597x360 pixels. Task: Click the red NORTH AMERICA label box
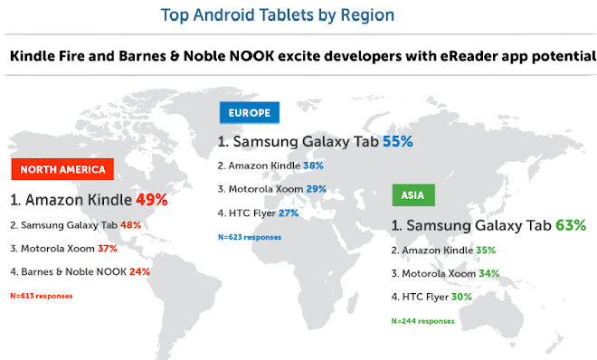[62, 169]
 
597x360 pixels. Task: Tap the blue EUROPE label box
[250, 113]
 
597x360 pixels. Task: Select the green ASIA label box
[413, 195]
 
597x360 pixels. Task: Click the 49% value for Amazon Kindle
[152, 200]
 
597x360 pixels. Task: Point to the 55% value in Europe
[397, 142]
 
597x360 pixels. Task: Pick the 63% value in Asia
[571, 225]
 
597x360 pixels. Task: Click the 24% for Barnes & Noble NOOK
[139, 271]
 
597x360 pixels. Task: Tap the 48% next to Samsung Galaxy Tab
[130, 225]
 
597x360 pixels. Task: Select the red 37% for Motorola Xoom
[108, 249]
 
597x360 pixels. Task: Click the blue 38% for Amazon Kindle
[313, 166]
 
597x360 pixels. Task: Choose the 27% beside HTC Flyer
[289, 213]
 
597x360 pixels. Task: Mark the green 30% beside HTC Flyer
[461, 297]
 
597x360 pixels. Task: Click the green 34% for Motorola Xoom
[489, 273]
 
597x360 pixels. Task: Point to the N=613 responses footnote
[42, 296]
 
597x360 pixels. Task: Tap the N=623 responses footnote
[250, 237]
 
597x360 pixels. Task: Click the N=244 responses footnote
[423, 321]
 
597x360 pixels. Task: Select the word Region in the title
[367, 15]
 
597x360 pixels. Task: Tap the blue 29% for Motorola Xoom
[317, 189]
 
